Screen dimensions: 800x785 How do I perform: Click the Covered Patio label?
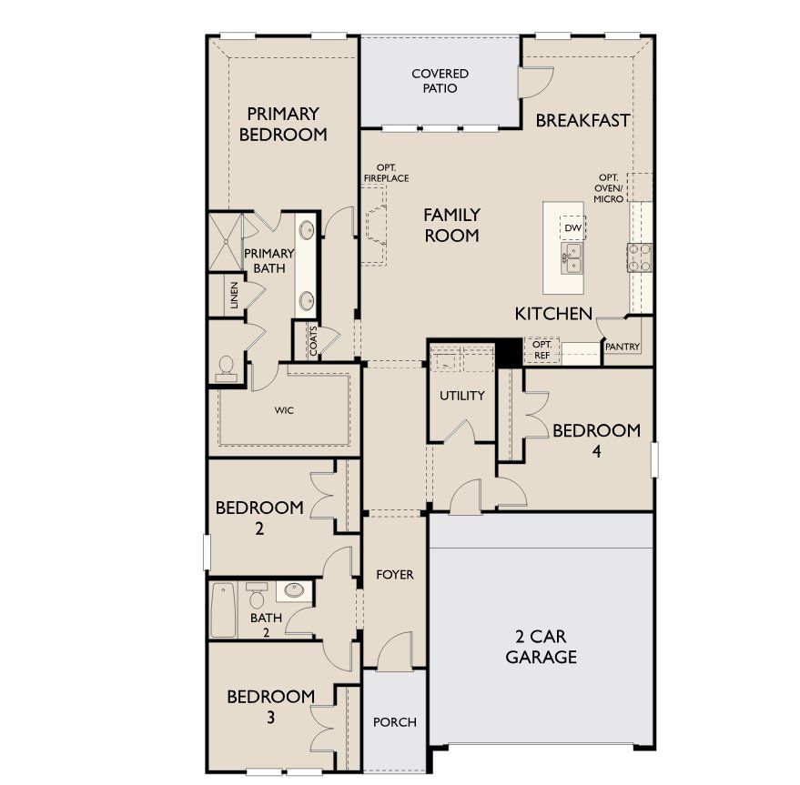tap(440, 81)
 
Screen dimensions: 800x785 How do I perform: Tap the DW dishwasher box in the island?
tap(573, 227)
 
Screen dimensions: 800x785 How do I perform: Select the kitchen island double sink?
tap(572, 258)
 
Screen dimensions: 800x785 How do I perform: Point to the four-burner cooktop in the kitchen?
tap(640, 257)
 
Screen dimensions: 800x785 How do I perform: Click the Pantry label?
tap(622, 347)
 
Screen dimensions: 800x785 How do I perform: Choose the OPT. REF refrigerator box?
tap(542, 350)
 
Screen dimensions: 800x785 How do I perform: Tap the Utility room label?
tap(461, 396)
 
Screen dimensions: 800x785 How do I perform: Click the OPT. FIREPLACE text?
tap(386, 173)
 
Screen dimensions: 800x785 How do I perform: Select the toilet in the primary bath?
tap(226, 368)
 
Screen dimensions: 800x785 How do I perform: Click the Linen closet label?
tap(234, 296)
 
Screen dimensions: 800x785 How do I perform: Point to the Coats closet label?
tap(313, 341)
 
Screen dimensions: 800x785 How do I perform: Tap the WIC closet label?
tap(284, 410)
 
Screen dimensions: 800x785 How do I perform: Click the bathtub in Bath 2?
tap(223, 610)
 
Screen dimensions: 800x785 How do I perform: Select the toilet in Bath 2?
tap(257, 595)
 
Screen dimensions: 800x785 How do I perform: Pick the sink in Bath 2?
tap(294, 590)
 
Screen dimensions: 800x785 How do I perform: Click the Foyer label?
tap(394, 575)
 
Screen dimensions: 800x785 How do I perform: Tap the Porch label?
tap(394, 722)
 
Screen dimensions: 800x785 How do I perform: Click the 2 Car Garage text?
tap(541, 646)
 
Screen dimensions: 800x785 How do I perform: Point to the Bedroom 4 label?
tap(596, 440)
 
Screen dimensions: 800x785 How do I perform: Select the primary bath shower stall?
tap(225, 242)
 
